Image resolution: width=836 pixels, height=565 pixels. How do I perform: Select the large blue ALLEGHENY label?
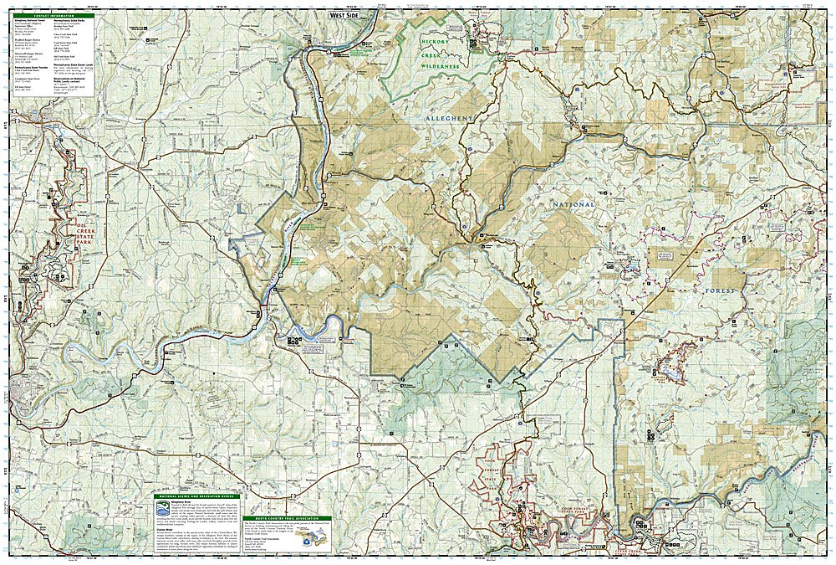tap(450, 120)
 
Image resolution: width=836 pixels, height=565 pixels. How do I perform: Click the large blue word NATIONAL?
tap(573, 204)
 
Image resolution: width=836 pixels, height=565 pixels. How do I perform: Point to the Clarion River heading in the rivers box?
tap(165, 530)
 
